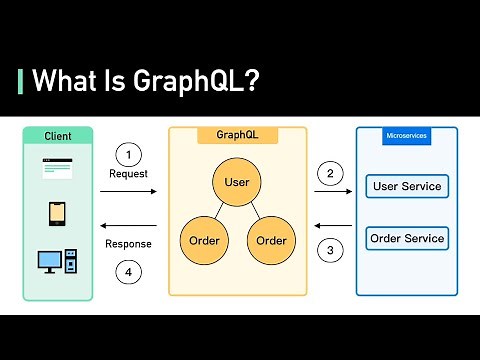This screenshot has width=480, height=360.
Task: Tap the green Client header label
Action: pos(58,135)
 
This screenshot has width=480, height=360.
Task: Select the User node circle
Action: pos(237,182)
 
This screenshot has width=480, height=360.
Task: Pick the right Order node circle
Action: pos(271,240)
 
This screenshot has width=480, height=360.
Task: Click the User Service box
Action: pos(406,186)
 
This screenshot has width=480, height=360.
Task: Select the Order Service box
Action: pos(406,239)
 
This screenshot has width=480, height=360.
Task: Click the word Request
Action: pos(128,174)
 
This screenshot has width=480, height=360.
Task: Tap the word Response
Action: pos(128,243)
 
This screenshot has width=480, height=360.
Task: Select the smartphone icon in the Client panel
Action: pos(58,213)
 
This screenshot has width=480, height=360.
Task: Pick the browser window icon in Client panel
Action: pos(58,168)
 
